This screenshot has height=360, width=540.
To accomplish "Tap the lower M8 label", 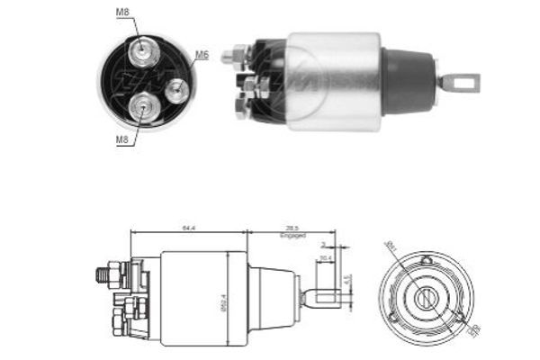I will click(x=121, y=140).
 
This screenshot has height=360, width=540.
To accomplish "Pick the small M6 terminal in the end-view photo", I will click(x=177, y=88).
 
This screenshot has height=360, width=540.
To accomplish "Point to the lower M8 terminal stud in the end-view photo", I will click(x=142, y=107).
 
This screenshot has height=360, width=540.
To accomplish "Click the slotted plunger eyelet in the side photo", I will click(x=462, y=84).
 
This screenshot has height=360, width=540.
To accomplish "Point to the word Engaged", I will click(x=292, y=237).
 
